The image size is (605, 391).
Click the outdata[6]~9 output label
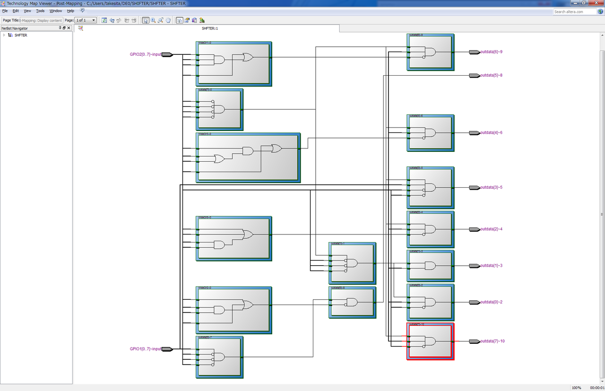coord(491,52)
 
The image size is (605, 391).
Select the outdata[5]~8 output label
coord(491,75)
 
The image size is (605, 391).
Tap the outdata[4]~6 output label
coord(491,132)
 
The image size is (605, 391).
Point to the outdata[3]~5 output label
coord(491,187)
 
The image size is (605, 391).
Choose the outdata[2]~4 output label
coord(491,229)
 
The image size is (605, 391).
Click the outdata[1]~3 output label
coord(491,265)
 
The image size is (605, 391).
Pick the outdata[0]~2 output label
coord(491,302)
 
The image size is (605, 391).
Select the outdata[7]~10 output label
coord(493,341)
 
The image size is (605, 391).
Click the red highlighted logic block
coord(430,341)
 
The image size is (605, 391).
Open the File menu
coord(5,10)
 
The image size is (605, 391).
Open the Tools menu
coord(40,10)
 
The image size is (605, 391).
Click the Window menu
coord(56,10)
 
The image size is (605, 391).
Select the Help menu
coord(70,10)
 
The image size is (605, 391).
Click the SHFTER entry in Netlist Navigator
coord(21,35)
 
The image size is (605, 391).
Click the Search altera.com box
coord(574,11)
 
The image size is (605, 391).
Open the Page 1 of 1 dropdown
coord(86,20)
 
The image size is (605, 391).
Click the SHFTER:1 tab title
coord(209,28)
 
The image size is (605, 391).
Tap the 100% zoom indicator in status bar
coord(576,388)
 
